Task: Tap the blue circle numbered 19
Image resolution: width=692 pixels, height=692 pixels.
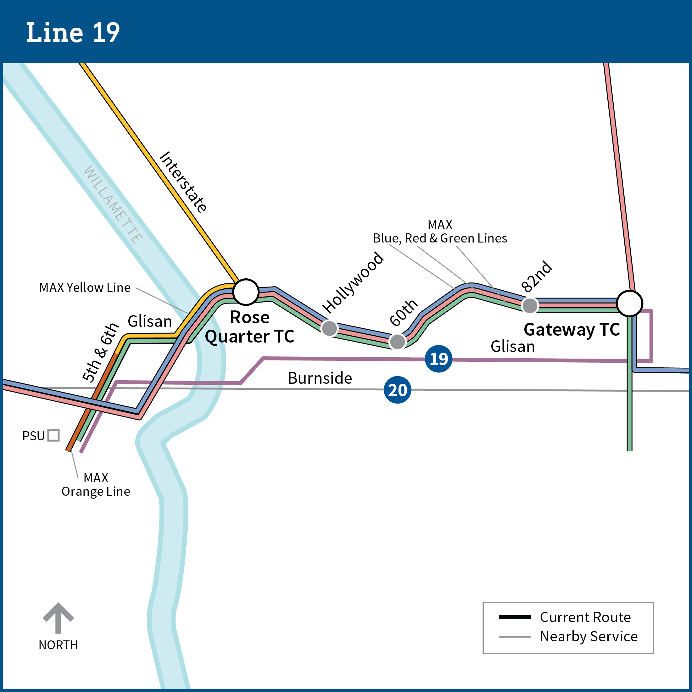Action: pyautogui.click(x=438, y=359)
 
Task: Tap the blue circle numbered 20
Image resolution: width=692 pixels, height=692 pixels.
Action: pyautogui.click(x=397, y=390)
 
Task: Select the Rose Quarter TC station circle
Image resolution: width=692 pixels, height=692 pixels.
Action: pyautogui.click(x=246, y=292)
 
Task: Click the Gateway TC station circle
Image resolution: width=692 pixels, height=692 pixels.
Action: pyautogui.click(x=629, y=303)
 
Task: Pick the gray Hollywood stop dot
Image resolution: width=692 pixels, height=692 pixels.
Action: pyautogui.click(x=329, y=328)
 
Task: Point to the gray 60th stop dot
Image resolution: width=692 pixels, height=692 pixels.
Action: pyautogui.click(x=397, y=342)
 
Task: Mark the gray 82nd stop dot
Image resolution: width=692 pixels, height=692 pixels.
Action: pyautogui.click(x=530, y=305)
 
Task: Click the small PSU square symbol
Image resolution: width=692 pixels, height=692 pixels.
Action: pyautogui.click(x=53, y=435)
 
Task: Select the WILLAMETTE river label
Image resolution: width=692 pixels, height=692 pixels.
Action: pyautogui.click(x=113, y=204)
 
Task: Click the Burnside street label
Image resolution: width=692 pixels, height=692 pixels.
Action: pyautogui.click(x=320, y=378)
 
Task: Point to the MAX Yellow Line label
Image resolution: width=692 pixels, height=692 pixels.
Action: pyautogui.click(x=85, y=287)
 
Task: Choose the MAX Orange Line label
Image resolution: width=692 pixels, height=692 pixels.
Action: pyautogui.click(x=96, y=485)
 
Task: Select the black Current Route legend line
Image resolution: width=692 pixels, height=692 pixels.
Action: pyautogui.click(x=515, y=617)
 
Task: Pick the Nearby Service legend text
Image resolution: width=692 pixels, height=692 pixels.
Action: pyautogui.click(x=589, y=636)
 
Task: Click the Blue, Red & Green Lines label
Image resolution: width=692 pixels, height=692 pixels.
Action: pyautogui.click(x=440, y=238)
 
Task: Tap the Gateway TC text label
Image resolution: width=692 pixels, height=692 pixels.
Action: pyautogui.click(x=572, y=330)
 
